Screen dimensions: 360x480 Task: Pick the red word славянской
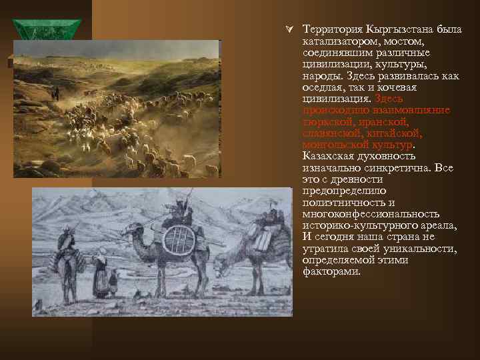(x=333, y=133)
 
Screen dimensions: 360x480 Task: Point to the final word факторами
(x=331, y=271)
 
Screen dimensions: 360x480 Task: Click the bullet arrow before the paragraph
(x=289, y=30)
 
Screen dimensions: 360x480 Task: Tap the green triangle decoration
(x=47, y=31)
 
